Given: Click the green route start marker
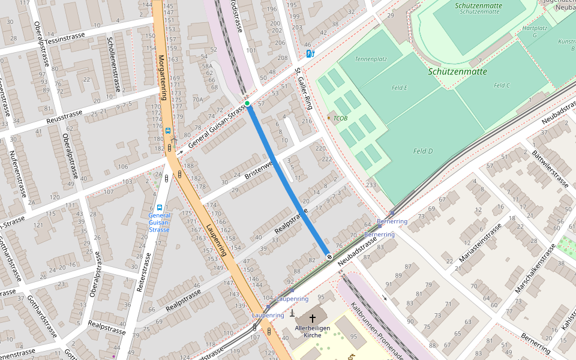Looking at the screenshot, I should coord(247,104).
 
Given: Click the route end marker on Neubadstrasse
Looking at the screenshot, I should coord(329,256).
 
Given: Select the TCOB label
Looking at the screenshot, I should coord(340,118).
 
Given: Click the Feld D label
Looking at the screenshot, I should coord(423,151).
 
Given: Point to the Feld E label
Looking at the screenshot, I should coord(400,88).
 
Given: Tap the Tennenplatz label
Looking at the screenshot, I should coord(371,59).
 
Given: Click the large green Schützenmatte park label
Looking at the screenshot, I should coord(458,71).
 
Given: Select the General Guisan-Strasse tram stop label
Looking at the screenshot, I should coord(159,222).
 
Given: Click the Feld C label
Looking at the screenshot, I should coord(502,86).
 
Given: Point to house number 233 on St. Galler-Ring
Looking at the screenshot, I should coord(371,185).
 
